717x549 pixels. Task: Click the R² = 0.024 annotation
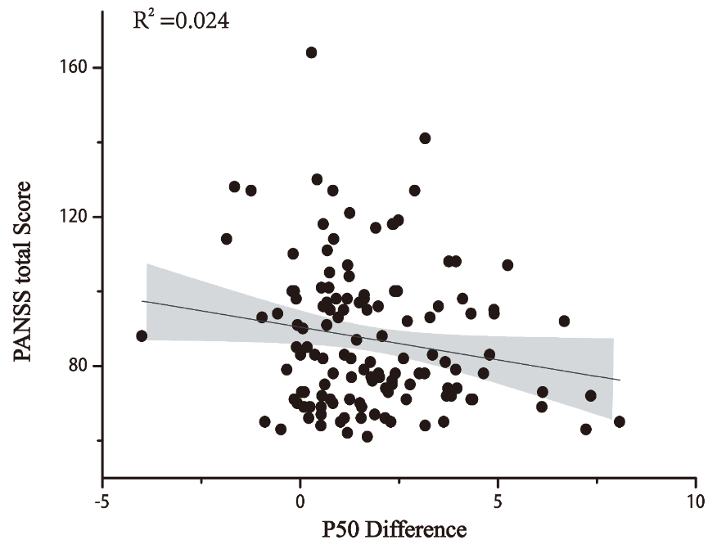[181, 20]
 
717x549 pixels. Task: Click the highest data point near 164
[311, 52]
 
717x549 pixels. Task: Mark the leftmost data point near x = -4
[142, 335]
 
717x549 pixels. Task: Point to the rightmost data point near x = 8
[619, 421]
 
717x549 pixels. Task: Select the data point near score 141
[425, 138]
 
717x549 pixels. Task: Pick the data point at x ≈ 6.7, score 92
[564, 321]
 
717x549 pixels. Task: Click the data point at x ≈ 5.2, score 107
[507, 265]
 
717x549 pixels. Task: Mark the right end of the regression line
[620, 380]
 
